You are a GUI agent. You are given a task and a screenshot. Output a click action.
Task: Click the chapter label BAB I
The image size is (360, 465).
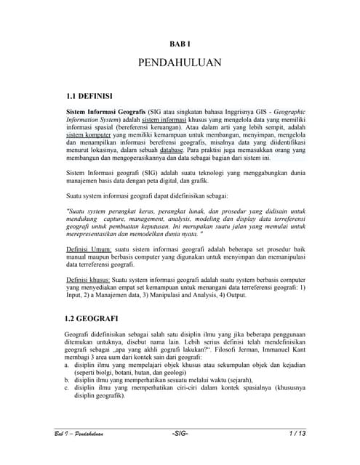coord(180,44)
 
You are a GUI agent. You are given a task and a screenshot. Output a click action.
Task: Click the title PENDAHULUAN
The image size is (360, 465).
coord(180,64)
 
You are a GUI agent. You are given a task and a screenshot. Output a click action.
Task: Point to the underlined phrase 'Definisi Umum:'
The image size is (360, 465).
coord(89,250)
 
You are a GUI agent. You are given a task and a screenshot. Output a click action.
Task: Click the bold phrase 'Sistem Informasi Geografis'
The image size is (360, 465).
coord(105,110)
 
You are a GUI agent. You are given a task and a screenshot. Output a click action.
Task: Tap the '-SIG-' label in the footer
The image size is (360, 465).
coord(180,434)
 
